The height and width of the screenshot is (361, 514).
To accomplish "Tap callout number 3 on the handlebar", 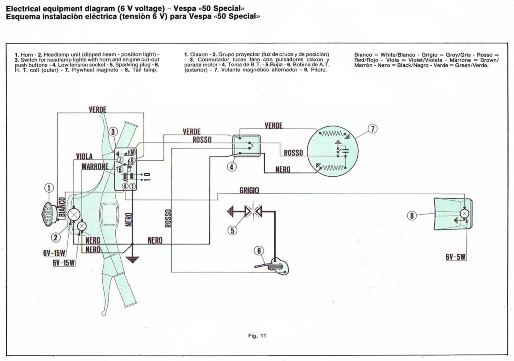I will [x=113, y=132].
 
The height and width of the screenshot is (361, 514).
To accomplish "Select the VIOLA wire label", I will [x=84, y=156].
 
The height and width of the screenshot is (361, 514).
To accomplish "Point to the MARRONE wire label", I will [x=94, y=166].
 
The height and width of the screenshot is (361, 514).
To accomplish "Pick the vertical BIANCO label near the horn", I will [x=61, y=207].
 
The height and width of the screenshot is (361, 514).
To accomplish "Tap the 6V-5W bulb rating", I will [x=456, y=257].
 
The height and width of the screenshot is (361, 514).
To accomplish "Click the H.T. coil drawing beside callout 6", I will [x=273, y=265].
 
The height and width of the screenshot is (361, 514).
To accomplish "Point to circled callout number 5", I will [x=232, y=230].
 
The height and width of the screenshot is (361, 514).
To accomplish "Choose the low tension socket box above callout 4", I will [x=246, y=145].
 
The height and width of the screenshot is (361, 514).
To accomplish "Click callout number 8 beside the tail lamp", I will [x=412, y=216].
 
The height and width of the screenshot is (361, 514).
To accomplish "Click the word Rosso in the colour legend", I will [x=486, y=54].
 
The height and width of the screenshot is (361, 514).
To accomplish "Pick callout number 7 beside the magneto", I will [x=372, y=129].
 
